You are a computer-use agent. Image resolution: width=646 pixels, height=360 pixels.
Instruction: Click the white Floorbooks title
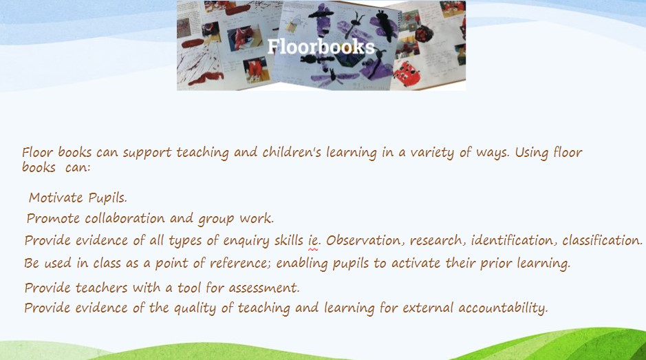321,47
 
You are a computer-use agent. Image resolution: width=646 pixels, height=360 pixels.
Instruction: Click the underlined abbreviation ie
314,240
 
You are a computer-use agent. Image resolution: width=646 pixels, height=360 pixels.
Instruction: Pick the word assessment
263,288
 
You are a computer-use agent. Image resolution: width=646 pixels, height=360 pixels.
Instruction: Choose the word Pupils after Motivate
107,198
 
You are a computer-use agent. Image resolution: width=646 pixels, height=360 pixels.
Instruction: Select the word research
436,240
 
